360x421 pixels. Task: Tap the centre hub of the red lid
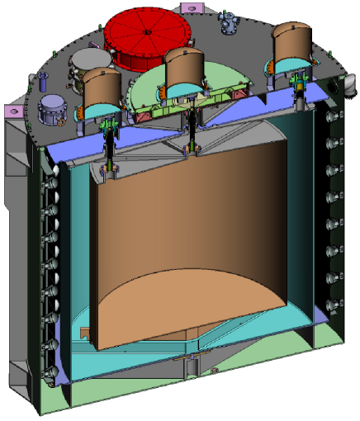(x=146, y=32)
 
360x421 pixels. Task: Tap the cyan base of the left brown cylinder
(x=101, y=111)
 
